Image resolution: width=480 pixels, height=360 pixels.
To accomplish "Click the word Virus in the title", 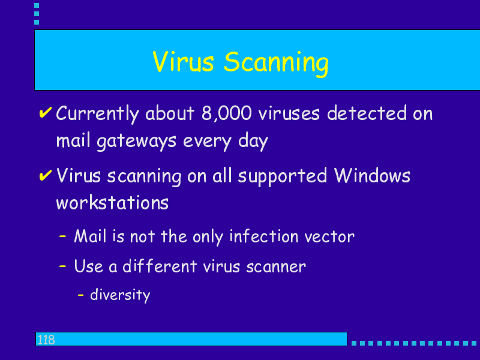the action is pos(183,62).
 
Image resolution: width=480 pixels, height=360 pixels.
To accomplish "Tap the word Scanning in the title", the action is pos(276,63).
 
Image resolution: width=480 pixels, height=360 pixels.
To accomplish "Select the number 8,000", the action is pos(227,113).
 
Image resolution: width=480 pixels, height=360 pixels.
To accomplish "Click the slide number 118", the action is pos(46,340).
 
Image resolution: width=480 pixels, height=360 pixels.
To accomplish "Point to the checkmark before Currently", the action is pos(46,112).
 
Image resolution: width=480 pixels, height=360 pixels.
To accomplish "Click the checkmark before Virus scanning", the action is pos(46,175).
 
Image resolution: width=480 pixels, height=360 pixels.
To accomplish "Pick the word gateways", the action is pos(137,142).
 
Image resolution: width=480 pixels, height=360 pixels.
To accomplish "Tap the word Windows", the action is pos(372,175).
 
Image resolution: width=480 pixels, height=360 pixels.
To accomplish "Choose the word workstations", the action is pos(112,202).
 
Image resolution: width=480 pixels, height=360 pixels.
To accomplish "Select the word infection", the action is pos(264,236).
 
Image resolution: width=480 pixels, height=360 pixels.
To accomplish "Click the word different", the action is pos(160,266).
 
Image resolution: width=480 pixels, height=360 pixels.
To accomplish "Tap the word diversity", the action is pos(121,295).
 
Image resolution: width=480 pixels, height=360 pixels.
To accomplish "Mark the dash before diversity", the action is pos(81,295).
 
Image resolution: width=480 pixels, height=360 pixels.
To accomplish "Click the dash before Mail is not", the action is pos(62,236).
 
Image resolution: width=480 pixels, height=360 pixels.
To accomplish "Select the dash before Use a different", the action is pos(62,266).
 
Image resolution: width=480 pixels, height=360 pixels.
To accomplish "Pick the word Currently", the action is pos(98,114).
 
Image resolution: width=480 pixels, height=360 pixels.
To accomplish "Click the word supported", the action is pos(283,176).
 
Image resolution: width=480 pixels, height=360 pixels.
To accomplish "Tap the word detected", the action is pos(367,113).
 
